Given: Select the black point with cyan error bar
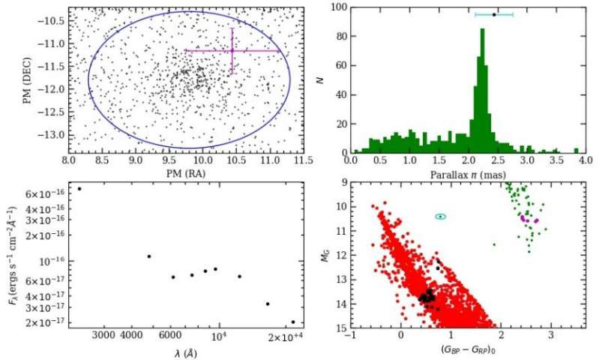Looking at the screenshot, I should click(x=494, y=14).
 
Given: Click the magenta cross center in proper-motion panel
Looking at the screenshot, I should click(x=232, y=50).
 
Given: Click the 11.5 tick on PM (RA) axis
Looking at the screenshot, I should click(x=304, y=160).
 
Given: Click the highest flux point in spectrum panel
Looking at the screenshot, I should click(x=79, y=188).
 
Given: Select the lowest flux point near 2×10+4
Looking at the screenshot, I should click(x=293, y=322).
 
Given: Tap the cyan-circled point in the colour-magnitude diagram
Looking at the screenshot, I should click(x=441, y=216).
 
